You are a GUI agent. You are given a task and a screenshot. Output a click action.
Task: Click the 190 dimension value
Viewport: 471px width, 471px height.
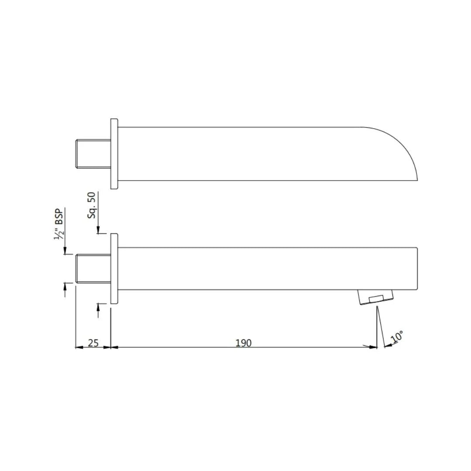tap(243, 343)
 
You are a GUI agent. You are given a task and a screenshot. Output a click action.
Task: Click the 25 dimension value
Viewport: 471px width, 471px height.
tap(93, 343)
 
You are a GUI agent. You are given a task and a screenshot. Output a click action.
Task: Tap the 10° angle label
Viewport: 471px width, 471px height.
tap(397, 337)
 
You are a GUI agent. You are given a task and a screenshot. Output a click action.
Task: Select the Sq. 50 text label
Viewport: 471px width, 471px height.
tap(92, 205)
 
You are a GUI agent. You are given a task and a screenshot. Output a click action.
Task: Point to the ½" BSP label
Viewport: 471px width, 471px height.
tap(59, 224)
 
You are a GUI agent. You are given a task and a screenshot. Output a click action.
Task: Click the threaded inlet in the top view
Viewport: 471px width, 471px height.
tap(93, 154)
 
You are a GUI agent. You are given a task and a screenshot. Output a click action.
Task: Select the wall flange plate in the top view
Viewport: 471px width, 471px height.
tap(114, 154)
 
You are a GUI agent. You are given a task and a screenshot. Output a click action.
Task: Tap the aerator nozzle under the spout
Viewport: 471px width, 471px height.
tap(375, 297)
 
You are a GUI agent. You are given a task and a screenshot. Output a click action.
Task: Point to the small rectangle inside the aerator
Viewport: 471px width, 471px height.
tap(376, 299)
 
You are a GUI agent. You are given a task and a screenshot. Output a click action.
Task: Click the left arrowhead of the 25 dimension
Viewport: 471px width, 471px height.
tap(79, 347)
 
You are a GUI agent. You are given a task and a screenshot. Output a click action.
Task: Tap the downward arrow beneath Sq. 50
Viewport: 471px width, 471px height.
tap(99, 230)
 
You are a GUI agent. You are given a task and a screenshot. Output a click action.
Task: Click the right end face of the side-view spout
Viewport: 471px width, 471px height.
tap(417, 269)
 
